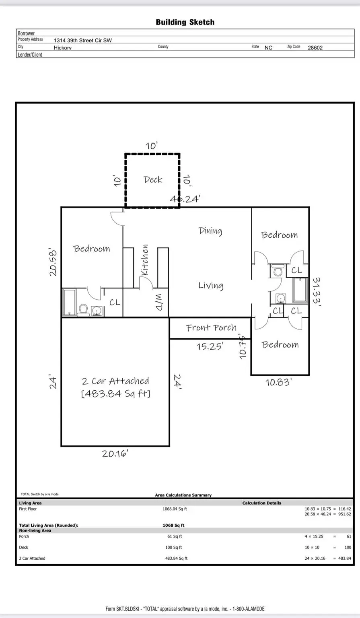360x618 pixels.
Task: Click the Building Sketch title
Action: [185, 23]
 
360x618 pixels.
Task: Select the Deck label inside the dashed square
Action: [153, 180]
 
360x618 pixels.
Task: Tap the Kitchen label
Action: [145, 260]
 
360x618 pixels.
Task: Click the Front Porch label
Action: [211, 328]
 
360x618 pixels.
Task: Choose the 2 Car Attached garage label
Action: [115, 381]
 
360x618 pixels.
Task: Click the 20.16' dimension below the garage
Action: [115, 454]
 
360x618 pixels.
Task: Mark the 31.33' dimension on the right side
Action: [317, 292]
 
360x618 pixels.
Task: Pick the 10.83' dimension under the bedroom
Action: [278, 382]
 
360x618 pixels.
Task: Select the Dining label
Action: [210, 231]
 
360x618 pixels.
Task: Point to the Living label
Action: [211, 286]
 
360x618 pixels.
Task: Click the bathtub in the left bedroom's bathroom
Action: [70, 302]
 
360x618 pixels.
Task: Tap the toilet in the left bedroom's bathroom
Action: [83, 310]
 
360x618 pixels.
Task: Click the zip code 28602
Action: [315, 47]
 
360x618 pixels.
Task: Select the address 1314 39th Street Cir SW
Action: [83, 40]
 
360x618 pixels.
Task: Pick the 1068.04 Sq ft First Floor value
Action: [175, 509]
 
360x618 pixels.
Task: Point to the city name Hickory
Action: [63, 48]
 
